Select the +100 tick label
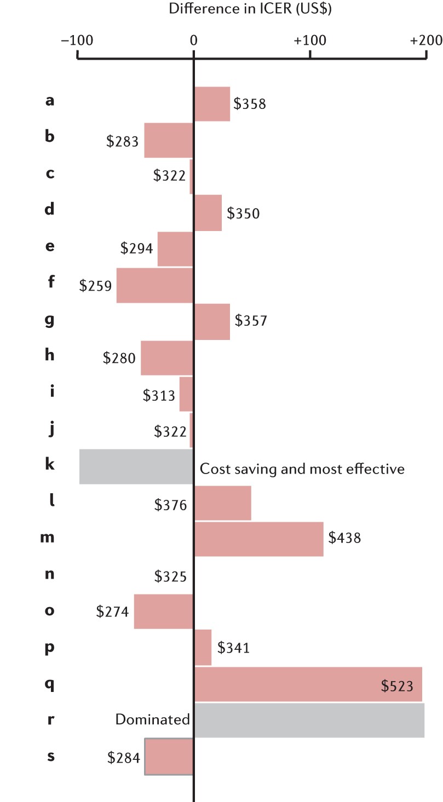coord(309,41)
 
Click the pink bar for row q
coord(308,684)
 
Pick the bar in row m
coord(259,539)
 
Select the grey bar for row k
coord(136,466)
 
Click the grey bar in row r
coord(309,720)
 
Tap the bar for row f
coord(155,285)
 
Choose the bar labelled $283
coord(169,140)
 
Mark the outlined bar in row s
coord(169,757)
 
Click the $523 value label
coord(398,686)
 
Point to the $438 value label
coord(344,538)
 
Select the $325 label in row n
coord(171,575)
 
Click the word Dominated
coord(152,719)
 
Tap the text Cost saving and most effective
coord(302,469)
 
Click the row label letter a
coord(50,101)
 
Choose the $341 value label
coord(233,648)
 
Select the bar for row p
coord(203,648)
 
